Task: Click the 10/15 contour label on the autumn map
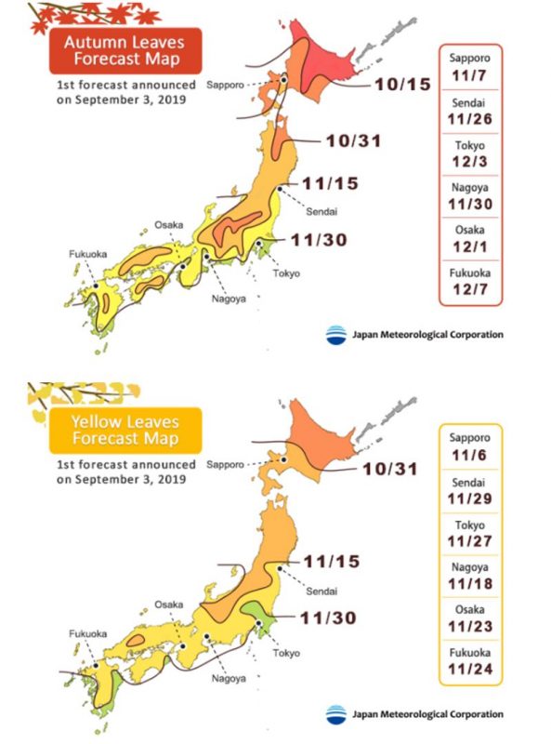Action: tap(403, 85)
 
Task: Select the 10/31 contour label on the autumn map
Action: tap(354, 141)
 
